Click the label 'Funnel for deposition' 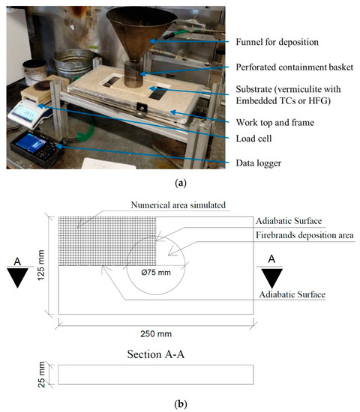pos(277,42)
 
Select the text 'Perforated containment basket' pos(295,67)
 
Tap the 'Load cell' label pos(253,139)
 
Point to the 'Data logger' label pos(259,163)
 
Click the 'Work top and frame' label pos(275,122)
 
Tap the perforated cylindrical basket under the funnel pos(133,74)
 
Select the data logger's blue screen pos(31,142)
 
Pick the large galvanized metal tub pos(74,64)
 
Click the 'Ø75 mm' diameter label pos(156,273)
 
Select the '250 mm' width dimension pos(156,333)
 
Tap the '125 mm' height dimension pos(40,265)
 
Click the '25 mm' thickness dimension pos(41,375)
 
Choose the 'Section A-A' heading pos(156,354)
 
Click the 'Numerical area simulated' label pos(178,205)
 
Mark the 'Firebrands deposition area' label pos(304,235)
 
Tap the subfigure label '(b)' pos(181,403)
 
